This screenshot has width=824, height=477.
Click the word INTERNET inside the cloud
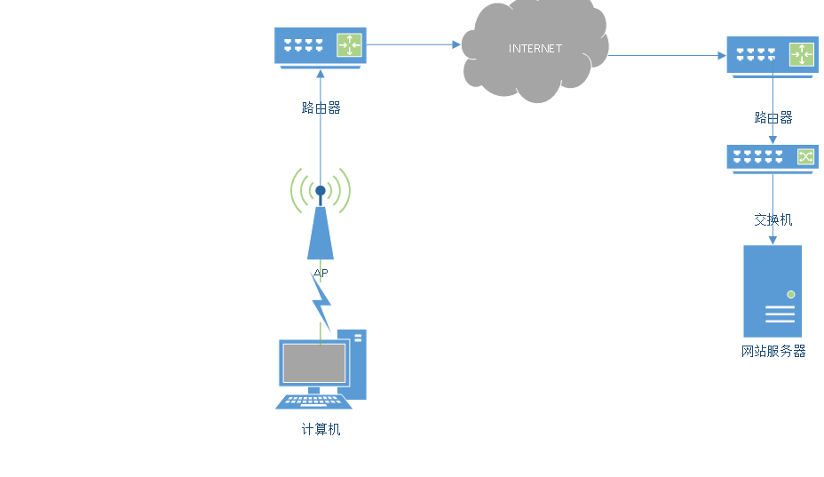pyautogui.click(x=535, y=49)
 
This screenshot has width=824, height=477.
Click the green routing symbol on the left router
pyautogui.click(x=349, y=45)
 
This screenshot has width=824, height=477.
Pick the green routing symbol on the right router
pyautogui.click(x=801, y=55)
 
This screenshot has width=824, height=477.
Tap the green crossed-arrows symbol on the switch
pyautogui.click(x=804, y=156)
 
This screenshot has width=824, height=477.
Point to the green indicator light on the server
pyautogui.click(x=790, y=294)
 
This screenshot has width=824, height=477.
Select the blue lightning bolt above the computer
pyautogui.click(x=321, y=302)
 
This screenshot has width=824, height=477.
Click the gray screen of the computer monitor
pyautogui.click(x=314, y=362)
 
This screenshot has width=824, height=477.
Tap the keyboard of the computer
pyautogui.click(x=313, y=402)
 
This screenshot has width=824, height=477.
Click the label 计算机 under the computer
pyautogui.click(x=321, y=429)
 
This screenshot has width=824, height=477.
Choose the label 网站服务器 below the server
pyautogui.click(x=773, y=351)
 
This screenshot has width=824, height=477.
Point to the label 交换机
pyautogui.click(x=772, y=219)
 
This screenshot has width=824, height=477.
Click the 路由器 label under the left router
pyautogui.click(x=321, y=107)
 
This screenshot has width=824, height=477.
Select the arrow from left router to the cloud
pyautogui.click(x=414, y=44)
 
